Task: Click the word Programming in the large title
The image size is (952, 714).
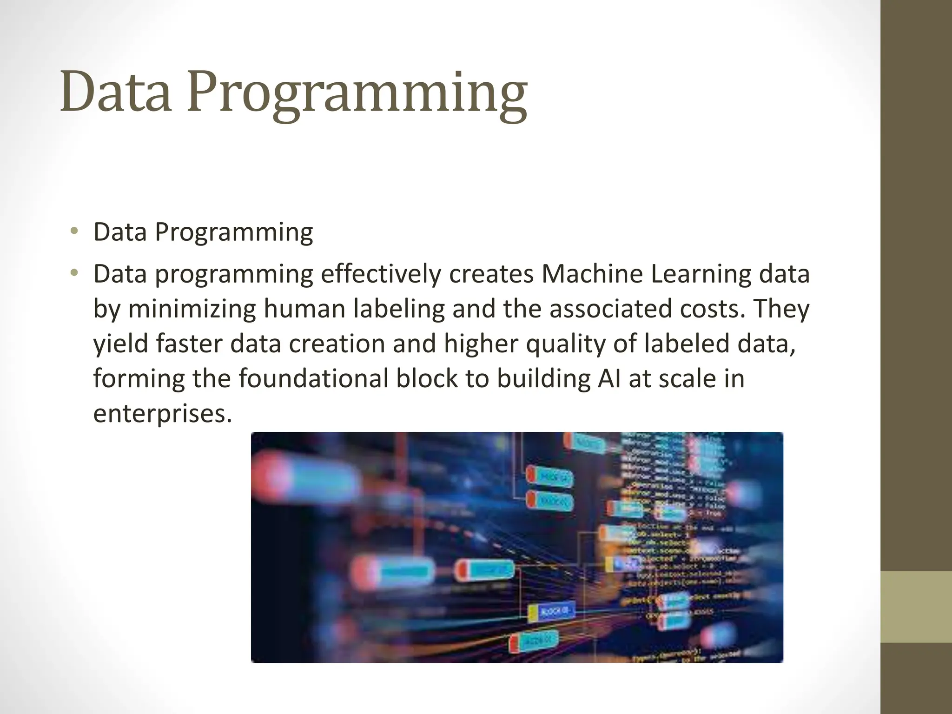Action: [x=357, y=95]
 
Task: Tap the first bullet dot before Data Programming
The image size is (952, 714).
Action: [x=74, y=231]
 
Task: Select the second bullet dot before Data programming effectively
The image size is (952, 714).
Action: [x=74, y=273]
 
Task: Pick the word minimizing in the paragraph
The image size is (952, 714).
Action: [x=192, y=309]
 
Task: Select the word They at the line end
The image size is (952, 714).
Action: [x=780, y=308]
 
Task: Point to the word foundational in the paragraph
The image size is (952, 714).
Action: [x=313, y=378]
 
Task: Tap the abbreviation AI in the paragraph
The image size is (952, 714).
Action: [x=607, y=378]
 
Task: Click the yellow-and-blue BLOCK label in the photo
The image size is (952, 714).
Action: [x=552, y=612]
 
